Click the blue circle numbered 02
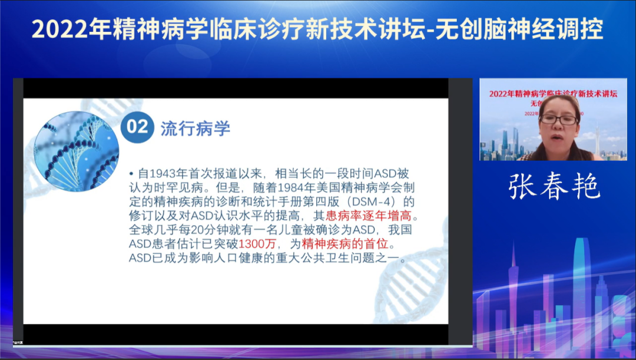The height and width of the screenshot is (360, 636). (137, 127)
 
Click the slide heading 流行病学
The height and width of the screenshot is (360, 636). (195, 128)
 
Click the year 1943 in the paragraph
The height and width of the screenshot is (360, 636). (164, 174)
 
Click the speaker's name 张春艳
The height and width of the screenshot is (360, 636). (554, 186)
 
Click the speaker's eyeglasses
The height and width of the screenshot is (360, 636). (558, 120)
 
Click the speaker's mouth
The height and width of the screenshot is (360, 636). (559, 138)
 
